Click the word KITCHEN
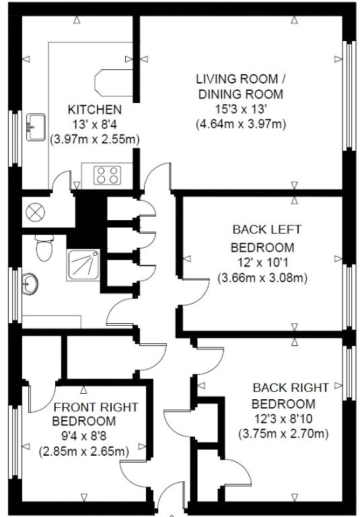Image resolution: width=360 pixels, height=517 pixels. (95, 110)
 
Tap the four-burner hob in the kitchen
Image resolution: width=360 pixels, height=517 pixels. (108, 175)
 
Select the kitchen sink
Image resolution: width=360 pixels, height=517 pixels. (36, 127)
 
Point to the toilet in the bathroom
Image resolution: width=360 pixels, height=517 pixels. (44, 248)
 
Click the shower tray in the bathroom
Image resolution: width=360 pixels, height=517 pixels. (83, 265)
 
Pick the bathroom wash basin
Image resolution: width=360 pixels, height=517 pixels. (30, 283)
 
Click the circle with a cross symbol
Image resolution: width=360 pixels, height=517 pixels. (35, 213)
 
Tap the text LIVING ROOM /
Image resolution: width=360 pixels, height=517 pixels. (241, 79)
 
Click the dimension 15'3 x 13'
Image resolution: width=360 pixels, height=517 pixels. (241, 110)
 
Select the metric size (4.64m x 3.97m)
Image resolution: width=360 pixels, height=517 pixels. (241, 125)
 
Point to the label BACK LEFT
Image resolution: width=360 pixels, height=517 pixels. (266, 230)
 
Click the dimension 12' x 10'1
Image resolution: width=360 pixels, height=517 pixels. (262, 263)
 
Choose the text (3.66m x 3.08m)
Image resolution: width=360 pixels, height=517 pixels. (262, 278)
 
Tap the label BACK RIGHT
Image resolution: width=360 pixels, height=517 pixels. (291, 388)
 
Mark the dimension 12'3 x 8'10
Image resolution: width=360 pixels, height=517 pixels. (283, 419)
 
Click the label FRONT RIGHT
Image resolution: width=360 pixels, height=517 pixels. (96, 407)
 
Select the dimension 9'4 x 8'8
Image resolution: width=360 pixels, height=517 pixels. (84, 436)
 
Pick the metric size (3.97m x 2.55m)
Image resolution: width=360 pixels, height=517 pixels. (95, 139)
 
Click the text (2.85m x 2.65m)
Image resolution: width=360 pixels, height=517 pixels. (83, 451)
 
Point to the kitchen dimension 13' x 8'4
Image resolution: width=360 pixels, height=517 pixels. (95, 125)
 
